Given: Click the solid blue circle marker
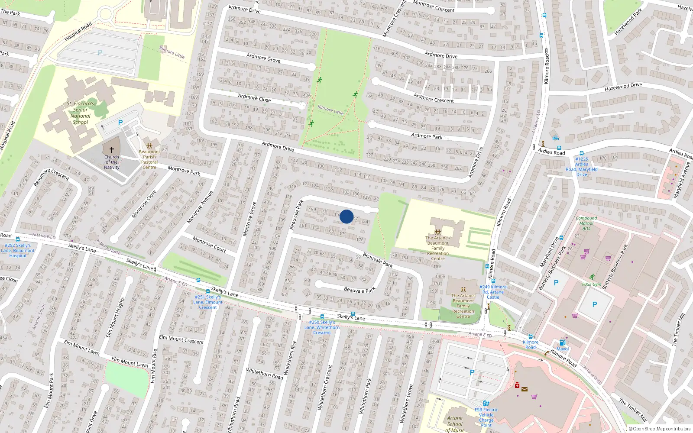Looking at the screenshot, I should (346, 216).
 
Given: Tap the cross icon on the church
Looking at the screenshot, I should (111, 150).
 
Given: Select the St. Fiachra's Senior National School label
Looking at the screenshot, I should (81, 113).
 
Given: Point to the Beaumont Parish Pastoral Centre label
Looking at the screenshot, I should (149, 160).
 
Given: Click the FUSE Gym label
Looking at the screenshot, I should (592, 284).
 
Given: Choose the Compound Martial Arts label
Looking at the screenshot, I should (586, 223).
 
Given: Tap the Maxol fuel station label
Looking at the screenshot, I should (563, 349).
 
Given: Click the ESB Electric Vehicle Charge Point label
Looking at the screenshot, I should (486, 417).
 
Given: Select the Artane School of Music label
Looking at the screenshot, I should (455, 424).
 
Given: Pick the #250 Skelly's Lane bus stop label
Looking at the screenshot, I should (322, 327).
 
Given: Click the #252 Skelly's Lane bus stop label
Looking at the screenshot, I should (18, 250).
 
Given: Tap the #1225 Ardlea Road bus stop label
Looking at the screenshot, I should (582, 167).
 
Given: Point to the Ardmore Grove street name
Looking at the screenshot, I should (263, 58).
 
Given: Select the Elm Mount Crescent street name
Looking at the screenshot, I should (181, 339).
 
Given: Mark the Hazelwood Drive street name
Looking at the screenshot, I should (623, 87).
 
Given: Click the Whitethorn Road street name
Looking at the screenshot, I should (265, 373).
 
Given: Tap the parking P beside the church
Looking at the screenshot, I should (120, 123).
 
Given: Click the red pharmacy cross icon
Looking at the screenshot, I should (517, 385).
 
